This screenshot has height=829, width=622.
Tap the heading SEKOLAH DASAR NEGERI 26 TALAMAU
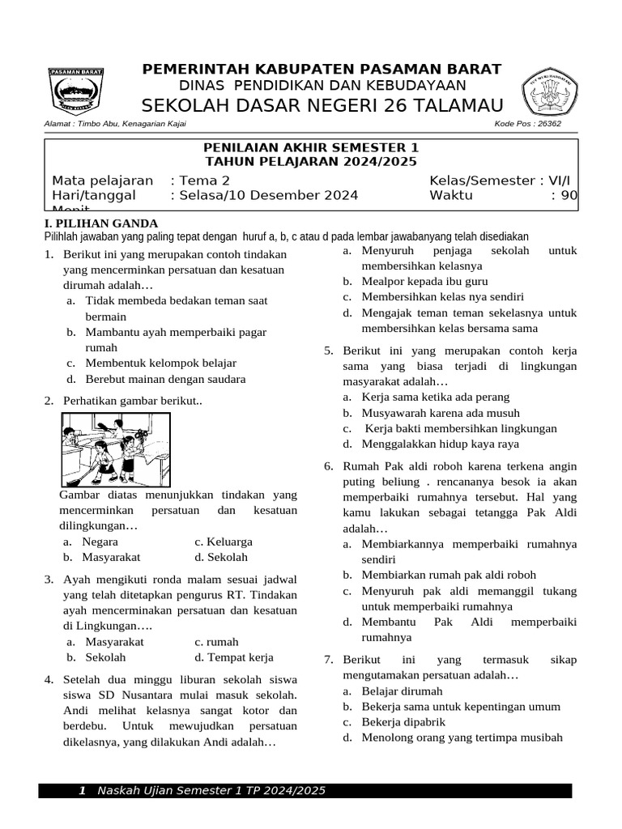322,105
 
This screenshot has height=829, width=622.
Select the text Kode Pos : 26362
527,124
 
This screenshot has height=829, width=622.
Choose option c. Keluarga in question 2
224,542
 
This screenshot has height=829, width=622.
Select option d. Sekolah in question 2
221,557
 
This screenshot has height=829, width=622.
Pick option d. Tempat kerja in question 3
234,657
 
